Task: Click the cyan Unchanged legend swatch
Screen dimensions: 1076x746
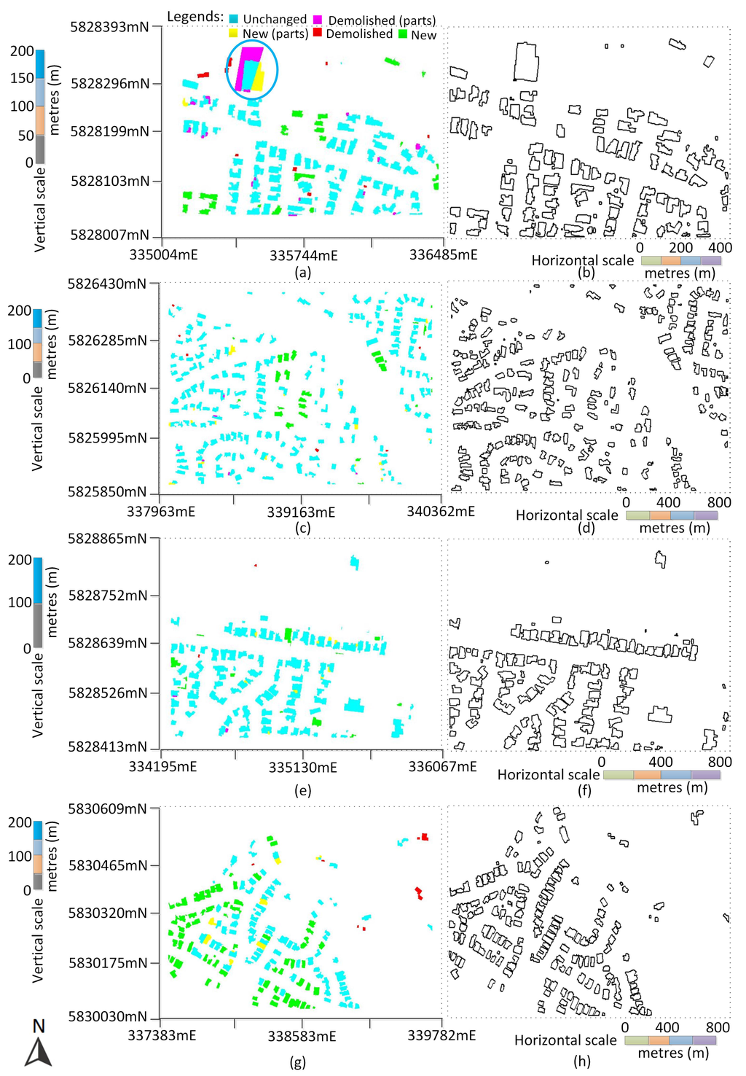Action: tap(233, 18)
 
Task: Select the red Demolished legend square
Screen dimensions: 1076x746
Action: tap(317, 33)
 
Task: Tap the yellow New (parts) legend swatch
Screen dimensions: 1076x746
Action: tap(233, 34)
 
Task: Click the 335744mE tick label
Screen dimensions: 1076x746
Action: tap(304, 256)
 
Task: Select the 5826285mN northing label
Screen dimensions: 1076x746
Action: tap(108, 340)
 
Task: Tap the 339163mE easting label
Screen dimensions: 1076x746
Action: tap(301, 512)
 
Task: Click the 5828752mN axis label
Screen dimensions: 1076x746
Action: tap(108, 596)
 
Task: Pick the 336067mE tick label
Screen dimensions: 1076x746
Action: tap(442, 766)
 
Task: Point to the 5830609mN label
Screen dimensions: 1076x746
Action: tap(108, 808)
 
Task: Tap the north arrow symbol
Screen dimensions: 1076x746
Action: tap(38, 1054)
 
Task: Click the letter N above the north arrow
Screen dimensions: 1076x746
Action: tap(39, 1026)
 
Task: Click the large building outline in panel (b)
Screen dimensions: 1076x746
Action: tap(527, 62)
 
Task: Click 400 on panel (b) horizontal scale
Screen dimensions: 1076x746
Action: tap(720, 248)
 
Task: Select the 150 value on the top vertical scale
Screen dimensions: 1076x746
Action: tap(22, 78)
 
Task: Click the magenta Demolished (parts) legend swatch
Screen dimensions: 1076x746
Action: tap(318, 18)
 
